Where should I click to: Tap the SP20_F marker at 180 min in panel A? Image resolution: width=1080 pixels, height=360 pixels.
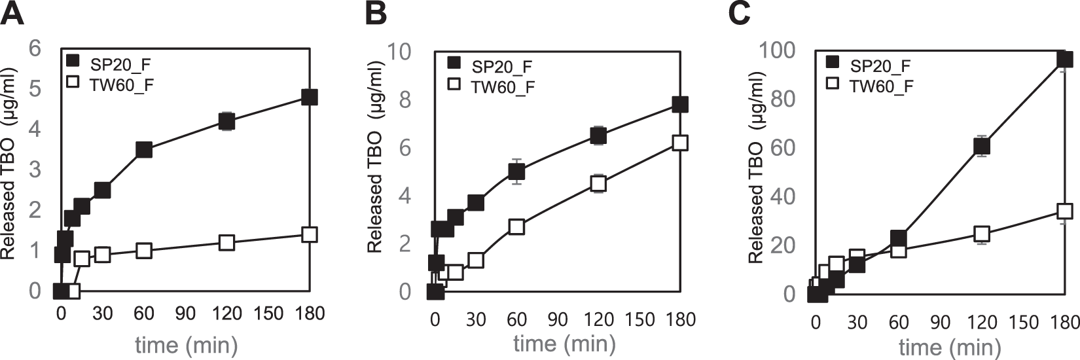click(310, 97)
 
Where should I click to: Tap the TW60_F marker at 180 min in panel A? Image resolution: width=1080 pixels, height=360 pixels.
click(310, 234)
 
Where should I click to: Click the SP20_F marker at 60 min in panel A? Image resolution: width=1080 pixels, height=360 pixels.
click(144, 149)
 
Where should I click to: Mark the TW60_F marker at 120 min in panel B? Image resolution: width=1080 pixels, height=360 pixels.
click(598, 184)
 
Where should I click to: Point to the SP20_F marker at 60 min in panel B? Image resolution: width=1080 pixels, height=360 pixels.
click(516, 171)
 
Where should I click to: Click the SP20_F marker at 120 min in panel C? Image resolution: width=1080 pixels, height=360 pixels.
click(981, 146)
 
